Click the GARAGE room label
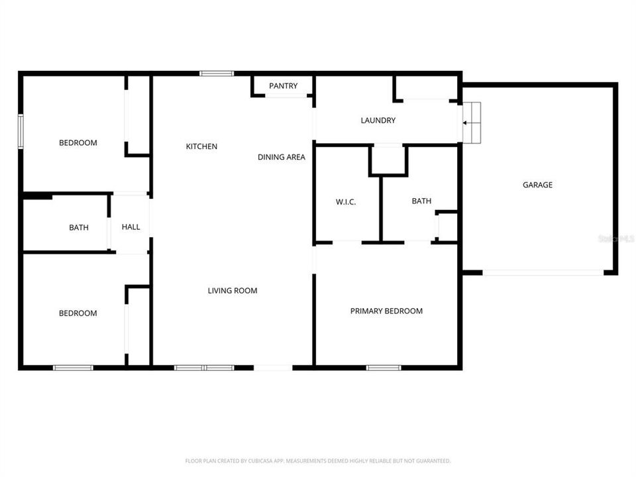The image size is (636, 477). pos(537,185)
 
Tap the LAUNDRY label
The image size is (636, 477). pos(378,121)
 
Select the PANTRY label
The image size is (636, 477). pos(283,86)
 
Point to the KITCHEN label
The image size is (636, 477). pos(201,146)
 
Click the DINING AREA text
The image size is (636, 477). pos(282,157)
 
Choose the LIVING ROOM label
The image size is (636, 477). pos(233,290)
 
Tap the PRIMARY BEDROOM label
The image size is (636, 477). pos(386,311)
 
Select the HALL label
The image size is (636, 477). pos(131,227)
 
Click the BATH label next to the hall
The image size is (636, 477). pos(79,228)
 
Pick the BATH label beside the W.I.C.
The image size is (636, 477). pos(421,201)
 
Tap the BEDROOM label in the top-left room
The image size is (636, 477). pos(78,142)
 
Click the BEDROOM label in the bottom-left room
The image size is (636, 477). pos(78,313)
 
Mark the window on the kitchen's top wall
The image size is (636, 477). pos(217,74)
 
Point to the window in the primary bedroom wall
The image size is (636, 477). pos(384,367)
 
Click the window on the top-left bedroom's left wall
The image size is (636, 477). pos(21,131)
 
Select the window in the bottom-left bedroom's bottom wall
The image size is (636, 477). pos(73,367)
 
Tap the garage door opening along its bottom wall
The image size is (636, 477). pos(543,272)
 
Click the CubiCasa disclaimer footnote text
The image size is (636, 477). pos(318,460)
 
